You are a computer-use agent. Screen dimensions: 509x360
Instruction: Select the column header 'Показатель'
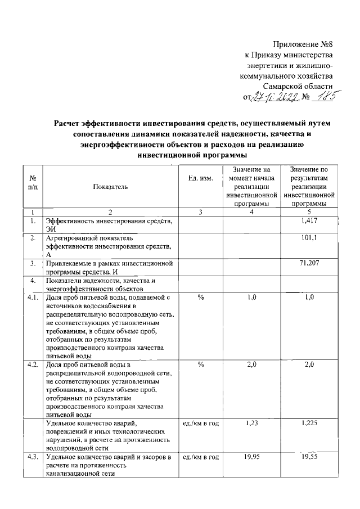click(x=111, y=186)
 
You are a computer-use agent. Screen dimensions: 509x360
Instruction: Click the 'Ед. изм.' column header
click(x=200, y=178)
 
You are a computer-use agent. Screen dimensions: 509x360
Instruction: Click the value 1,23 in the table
click(x=251, y=424)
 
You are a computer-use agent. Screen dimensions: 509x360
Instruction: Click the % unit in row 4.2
click(x=200, y=365)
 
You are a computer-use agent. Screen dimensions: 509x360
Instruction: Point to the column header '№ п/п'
click(x=33, y=182)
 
